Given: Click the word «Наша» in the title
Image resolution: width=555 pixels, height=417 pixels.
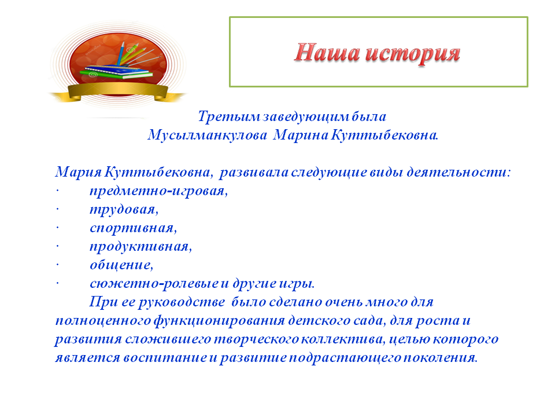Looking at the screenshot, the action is [x=326, y=53].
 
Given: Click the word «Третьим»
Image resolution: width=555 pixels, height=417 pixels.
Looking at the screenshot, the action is [x=230, y=116].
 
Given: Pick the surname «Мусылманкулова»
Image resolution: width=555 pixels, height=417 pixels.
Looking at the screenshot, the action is [x=208, y=135].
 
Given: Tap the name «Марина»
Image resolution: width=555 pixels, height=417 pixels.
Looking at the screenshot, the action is [x=301, y=135].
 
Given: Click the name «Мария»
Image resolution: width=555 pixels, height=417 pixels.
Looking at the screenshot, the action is [x=79, y=173].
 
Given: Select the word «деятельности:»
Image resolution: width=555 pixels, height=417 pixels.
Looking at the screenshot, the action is [x=458, y=172].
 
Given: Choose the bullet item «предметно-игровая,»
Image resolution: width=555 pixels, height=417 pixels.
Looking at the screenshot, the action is [x=158, y=192].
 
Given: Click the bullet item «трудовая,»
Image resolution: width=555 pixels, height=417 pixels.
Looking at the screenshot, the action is [x=124, y=210].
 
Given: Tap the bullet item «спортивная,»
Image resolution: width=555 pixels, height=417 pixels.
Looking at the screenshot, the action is [x=133, y=228].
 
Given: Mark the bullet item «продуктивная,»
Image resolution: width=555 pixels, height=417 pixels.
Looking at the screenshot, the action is [x=141, y=247].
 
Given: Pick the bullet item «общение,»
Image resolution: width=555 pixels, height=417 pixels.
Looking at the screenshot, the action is [x=121, y=265].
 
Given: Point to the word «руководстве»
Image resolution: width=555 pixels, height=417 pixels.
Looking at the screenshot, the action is [x=182, y=302].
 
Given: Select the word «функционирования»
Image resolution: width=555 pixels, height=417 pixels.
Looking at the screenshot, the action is [x=220, y=321].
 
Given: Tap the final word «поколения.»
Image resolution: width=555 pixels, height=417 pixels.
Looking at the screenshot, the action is [x=441, y=358].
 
